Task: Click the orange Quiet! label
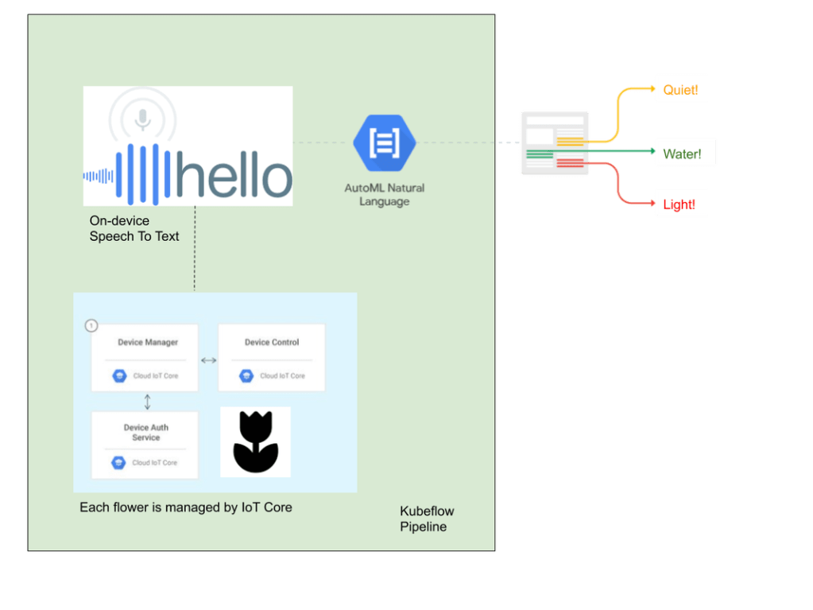pos(681,91)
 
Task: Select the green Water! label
pos(683,153)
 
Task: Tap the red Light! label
pos(679,204)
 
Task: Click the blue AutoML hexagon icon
pos(385,143)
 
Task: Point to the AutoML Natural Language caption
pos(385,195)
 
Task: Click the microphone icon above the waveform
pos(142,119)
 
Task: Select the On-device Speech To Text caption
pos(134,228)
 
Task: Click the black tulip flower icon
pos(255,442)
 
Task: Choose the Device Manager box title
pos(148,343)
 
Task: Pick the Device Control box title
pos(272,343)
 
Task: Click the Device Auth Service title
pos(146,433)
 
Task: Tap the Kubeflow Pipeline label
pos(427,519)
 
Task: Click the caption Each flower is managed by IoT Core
pos(186,507)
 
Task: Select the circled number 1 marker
pos(91,325)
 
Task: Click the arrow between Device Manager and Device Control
pos(208,360)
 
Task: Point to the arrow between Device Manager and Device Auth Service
pos(147,402)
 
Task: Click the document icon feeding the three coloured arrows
pos(555,143)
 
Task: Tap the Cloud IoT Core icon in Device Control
pos(246,375)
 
